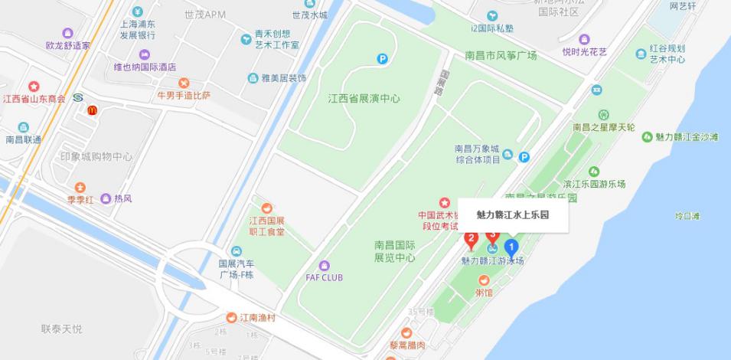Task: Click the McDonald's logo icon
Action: coord(92,111)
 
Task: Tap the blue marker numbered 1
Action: coord(511,247)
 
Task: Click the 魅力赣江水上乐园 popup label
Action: coord(512,215)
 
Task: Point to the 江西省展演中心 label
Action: coord(364,99)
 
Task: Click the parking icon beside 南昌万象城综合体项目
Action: coord(524,157)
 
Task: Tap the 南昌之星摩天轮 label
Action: coord(604,126)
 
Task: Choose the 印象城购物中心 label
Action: coord(96,157)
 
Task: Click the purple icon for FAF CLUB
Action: coord(325,265)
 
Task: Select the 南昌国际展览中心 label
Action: coord(394,251)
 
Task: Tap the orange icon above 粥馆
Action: coord(484,280)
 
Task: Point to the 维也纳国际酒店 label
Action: coord(145,67)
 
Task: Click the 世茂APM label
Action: coord(205,15)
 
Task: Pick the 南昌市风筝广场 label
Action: coord(501,55)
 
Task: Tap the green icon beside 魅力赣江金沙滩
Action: coord(647,136)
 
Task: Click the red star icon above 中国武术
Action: coord(445,203)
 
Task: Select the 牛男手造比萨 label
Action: coord(184,96)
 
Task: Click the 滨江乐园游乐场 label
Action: coord(594,184)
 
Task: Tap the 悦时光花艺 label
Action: coord(584,52)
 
